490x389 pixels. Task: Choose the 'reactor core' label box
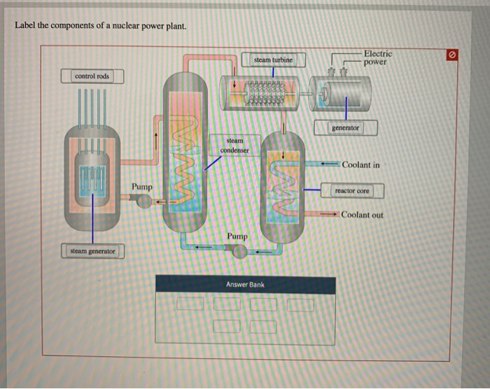point(352,190)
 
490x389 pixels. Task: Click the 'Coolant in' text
point(361,165)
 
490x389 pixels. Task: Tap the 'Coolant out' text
point(362,215)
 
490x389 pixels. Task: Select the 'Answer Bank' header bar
point(245,285)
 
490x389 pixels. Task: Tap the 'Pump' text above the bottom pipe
point(237,236)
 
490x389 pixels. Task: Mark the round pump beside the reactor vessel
point(143,201)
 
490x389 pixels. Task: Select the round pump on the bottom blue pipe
point(239,250)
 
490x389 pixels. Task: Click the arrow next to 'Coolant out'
point(329,214)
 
